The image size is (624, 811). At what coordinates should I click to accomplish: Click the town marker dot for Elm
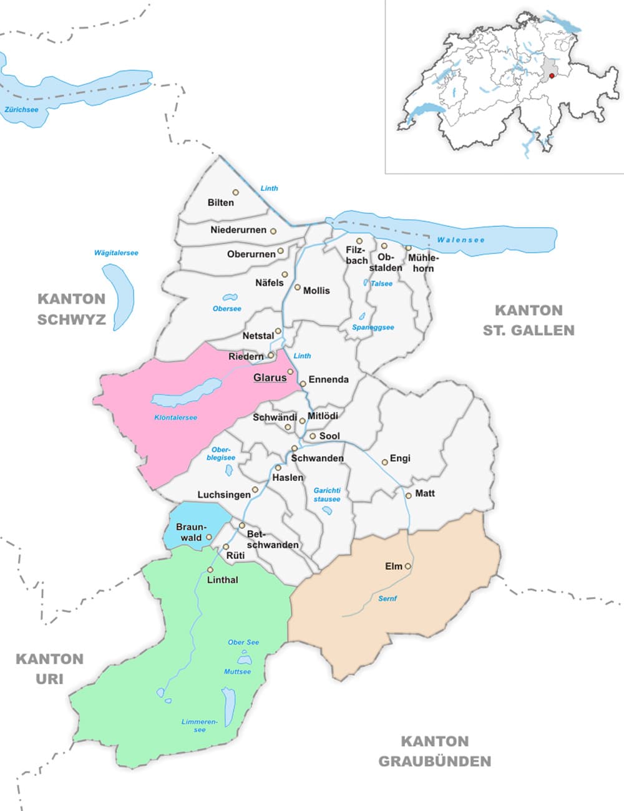pyautogui.click(x=408, y=566)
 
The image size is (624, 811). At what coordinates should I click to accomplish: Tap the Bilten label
pyautogui.click(x=221, y=203)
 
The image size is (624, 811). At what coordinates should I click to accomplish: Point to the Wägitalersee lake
pyautogui.click(x=119, y=297)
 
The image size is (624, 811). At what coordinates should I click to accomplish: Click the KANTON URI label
pyautogui.click(x=49, y=668)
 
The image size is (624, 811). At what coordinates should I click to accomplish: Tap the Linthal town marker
pyautogui.click(x=210, y=570)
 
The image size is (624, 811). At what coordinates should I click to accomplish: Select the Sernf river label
pyautogui.click(x=388, y=598)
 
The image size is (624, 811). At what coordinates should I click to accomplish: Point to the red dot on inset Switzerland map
pyautogui.click(x=552, y=75)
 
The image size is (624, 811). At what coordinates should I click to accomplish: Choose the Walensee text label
pyautogui.click(x=461, y=240)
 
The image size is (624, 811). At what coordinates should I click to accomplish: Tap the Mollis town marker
pyautogui.click(x=298, y=288)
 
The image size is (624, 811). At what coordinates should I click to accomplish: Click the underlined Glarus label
pyautogui.click(x=270, y=377)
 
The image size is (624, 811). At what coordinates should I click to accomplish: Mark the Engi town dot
pyautogui.click(x=385, y=462)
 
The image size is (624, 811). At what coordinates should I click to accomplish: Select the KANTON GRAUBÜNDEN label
pyautogui.click(x=434, y=751)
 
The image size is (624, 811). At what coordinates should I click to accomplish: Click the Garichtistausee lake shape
pyautogui.click(x=327, y=510)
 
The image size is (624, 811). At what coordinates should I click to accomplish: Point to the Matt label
pyautogui.click(x=425, y=493)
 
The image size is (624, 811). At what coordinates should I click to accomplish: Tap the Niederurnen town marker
pyautogui.click(x=273, y=231)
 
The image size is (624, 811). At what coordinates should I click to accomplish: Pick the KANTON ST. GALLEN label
pyautogui.click(x=529, y=320)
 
